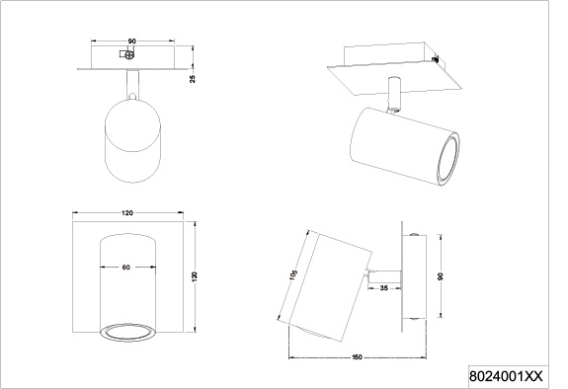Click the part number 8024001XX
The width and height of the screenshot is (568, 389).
(x=506, y=377)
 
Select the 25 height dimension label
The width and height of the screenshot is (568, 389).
(x=193, y=79)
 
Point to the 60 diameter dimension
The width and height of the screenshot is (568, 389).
(x=125, y=268)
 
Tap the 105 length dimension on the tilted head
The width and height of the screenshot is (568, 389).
(x=293, y=274)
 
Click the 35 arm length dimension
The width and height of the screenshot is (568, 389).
(x=384, y=288)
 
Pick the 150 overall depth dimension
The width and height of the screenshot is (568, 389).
(x=357, y=357)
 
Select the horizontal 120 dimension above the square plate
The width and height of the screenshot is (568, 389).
(x=127, y=213)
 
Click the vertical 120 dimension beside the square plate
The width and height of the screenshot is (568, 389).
(x=195, y=276)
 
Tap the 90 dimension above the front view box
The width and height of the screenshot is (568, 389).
(x=131, y=41)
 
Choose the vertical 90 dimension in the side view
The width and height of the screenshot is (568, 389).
(x=441, y=276)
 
